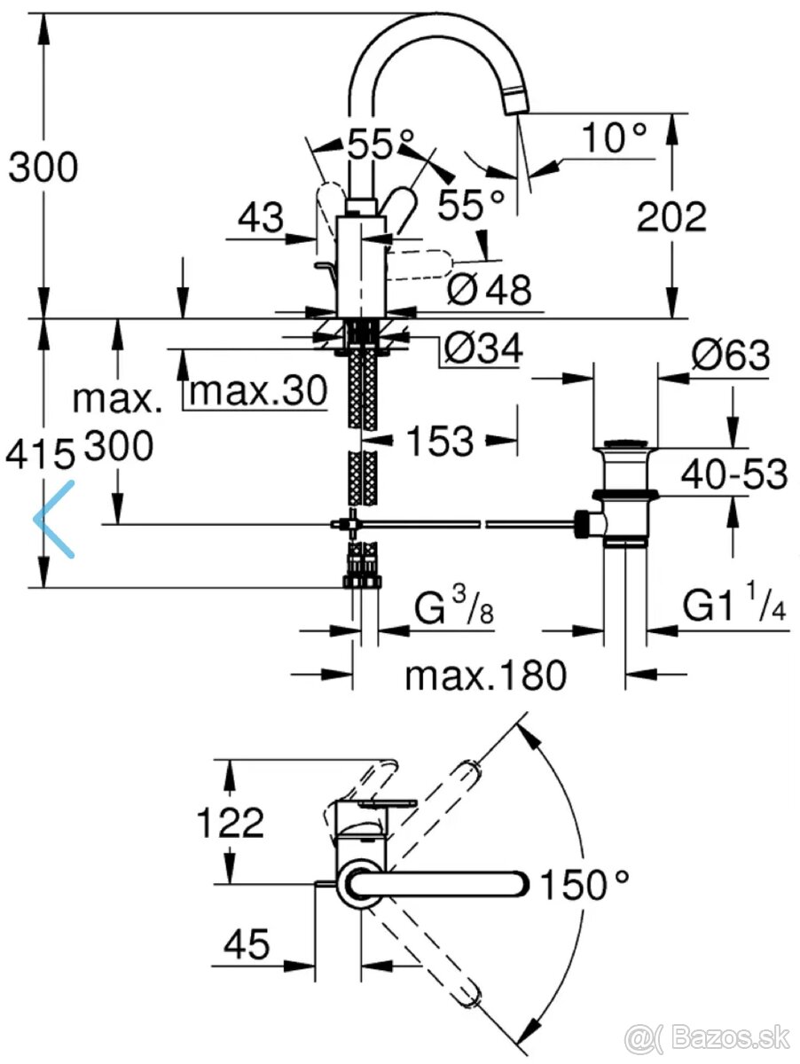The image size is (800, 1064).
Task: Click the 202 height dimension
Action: pyautogui.click(x=672, y=216)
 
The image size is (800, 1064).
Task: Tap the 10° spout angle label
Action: pyautogui.click(x=615, y=138)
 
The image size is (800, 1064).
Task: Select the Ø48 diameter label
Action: pyautogui.click(x=488, y=289)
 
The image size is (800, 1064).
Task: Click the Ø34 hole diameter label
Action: pyautogui.click(x=482, y=348)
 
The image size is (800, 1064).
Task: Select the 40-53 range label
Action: pyautogui.click(x=733, y=475)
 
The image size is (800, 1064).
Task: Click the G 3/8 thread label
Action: pyautogui.click(x=452, y=610)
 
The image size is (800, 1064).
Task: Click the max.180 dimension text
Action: pyautogui.click(x=485, y=676)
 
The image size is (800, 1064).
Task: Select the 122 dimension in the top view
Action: pyautogui.click(x=231, y=823)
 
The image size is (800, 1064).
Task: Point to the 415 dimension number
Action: pyautogui.click(x=40, y=455)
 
